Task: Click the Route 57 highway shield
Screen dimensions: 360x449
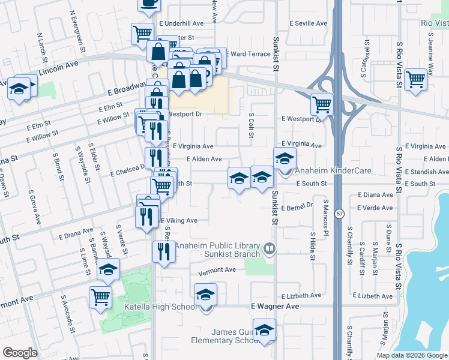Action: [339, 214]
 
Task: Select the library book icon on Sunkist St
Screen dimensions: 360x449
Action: [270, 248]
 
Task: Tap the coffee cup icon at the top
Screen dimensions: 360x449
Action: [149, 4]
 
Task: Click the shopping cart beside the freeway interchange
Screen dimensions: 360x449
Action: [322, 104]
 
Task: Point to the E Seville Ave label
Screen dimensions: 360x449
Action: [308, 23]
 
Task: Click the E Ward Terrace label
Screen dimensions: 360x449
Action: [248, 54]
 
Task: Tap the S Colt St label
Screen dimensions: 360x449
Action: [250, 124]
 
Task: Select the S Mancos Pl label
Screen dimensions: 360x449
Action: [326, 212]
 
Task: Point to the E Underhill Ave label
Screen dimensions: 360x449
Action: [181, 23]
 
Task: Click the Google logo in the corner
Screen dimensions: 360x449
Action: [20, 353]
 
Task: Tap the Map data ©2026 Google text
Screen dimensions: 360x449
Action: [412, 355]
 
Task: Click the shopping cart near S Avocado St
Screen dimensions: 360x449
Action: [100, 296]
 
